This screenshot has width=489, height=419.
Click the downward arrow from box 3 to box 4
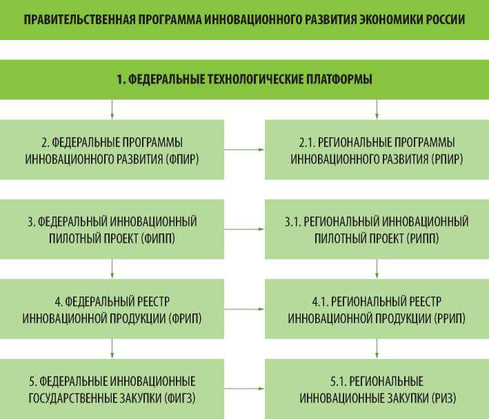click(112, 268)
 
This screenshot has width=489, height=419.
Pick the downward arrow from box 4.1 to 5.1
click(377, 348)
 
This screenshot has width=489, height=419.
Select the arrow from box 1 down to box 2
click(112, 109)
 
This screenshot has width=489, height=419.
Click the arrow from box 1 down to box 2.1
click(377, 109)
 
